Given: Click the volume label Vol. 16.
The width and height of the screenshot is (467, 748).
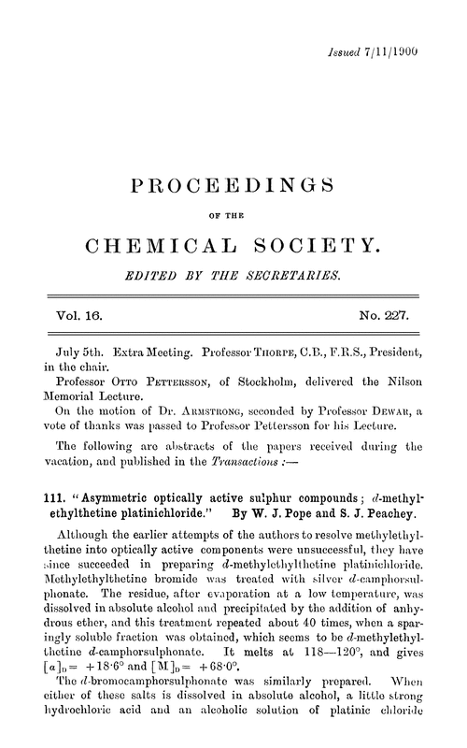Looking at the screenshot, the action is pos(68,316).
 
